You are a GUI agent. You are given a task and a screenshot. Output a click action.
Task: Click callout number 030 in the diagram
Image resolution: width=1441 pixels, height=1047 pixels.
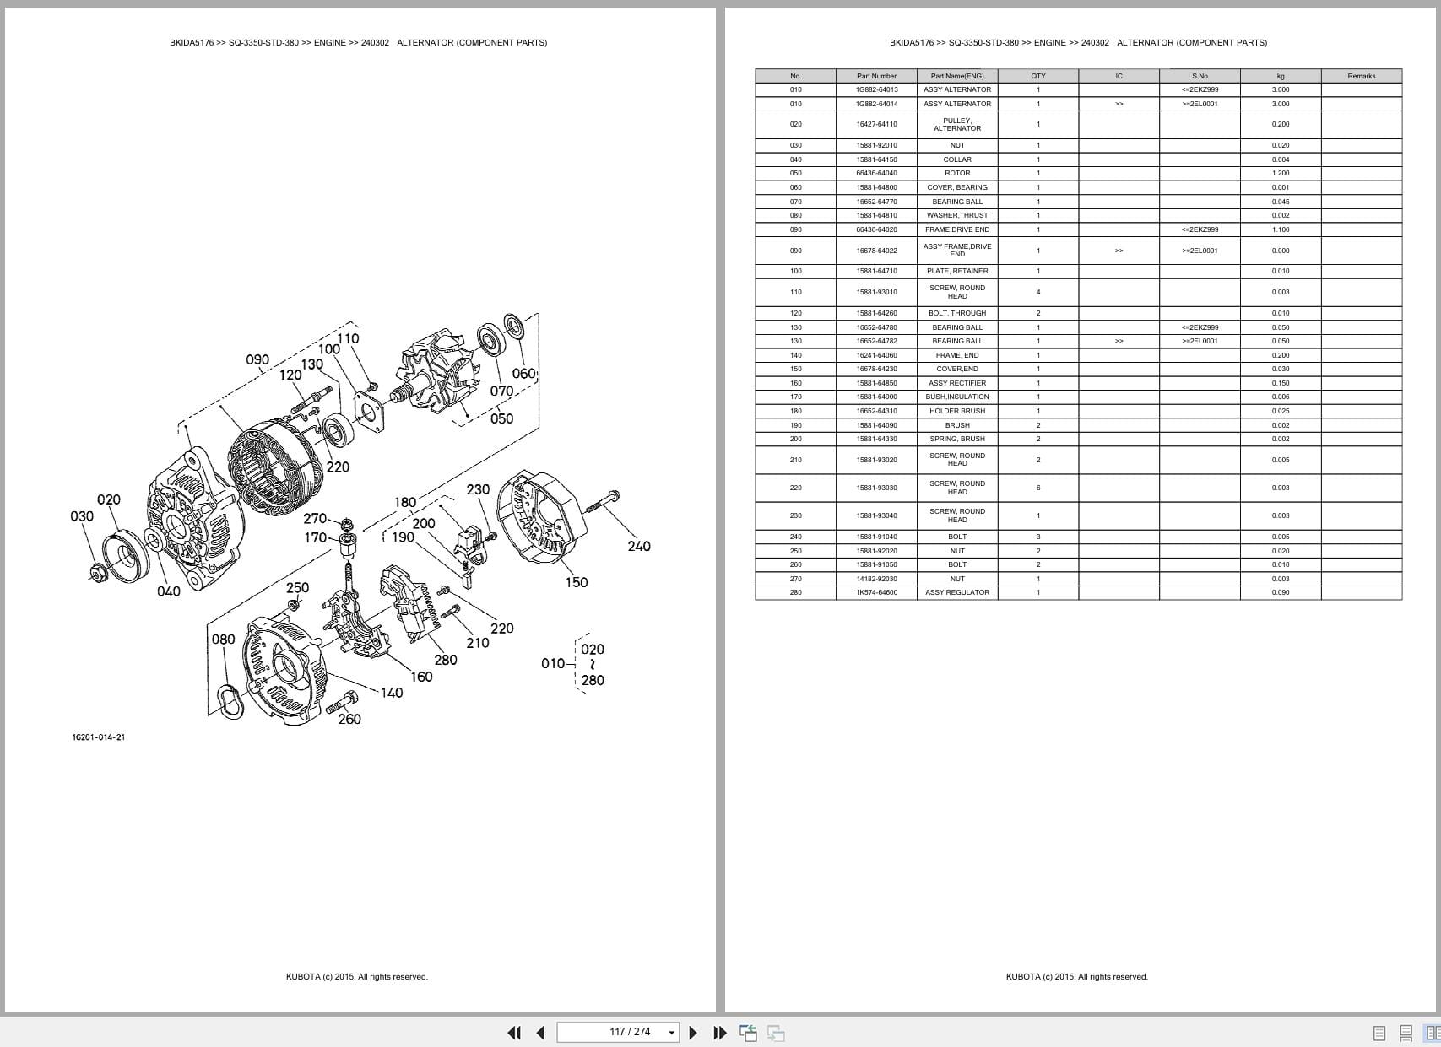tap(82, 516)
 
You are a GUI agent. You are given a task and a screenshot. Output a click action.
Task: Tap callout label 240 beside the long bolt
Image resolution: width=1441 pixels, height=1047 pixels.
tap(639, 546)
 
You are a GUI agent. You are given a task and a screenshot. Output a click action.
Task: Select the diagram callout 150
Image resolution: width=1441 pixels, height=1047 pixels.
tap(577, 582)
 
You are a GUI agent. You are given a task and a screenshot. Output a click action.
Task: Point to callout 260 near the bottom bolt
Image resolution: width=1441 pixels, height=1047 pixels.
tap(349, 719)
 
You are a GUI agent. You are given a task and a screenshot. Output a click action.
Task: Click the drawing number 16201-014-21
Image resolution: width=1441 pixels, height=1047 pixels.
tap(99, 737)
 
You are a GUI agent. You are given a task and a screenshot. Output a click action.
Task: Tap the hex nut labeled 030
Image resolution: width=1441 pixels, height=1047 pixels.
tap(98, 572)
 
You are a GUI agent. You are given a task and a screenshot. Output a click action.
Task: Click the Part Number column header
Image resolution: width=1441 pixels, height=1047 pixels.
tap(876, 76)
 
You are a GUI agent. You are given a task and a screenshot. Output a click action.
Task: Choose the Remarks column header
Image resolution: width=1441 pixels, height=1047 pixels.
tap(1361, 76)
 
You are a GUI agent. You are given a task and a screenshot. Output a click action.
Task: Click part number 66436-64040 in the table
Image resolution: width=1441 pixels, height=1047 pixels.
tap(876, 173)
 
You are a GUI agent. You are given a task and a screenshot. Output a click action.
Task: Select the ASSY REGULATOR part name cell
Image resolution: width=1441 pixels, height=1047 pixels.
tap(956, 592)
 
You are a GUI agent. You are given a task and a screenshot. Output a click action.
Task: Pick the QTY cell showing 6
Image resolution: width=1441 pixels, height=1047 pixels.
tap(1037, 488)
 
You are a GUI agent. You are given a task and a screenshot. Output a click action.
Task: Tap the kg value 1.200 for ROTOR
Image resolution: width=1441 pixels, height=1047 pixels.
tap(1280, 173)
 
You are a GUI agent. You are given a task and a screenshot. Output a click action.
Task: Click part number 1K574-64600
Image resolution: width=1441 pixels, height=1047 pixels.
tap(876, 592)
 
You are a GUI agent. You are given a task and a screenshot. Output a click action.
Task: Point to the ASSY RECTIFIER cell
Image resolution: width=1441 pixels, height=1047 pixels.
tap(956, 383)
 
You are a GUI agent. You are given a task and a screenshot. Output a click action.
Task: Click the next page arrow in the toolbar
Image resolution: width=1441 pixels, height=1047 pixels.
tap(693, 1033)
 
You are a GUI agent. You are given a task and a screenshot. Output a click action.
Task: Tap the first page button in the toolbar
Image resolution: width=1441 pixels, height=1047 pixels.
tap(513, 1033)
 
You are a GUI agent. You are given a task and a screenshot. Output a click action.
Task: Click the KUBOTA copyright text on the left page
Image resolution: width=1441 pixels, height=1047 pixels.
tap(356, 977)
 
